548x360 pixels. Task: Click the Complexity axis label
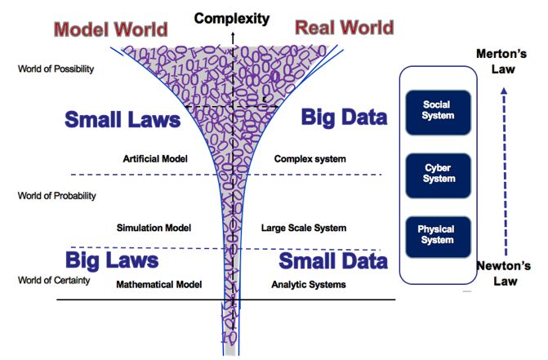232,17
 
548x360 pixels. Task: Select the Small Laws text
122,120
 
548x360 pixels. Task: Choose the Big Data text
343,118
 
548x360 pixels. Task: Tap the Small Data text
333,261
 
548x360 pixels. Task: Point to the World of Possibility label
56,69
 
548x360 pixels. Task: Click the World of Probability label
57,196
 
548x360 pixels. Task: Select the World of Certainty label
53,281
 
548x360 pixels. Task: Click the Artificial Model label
155,158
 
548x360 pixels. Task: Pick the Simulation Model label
154,228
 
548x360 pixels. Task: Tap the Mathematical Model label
158,285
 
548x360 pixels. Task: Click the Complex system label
310,158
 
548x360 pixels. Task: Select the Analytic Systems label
308,285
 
